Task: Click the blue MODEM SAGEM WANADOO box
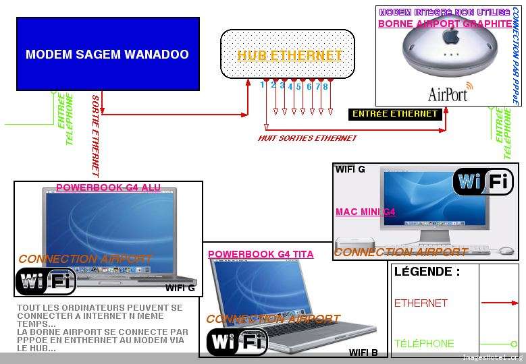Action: click(x=107, y=54)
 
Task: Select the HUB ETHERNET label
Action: click(x=289, y=56)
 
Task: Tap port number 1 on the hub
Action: click(x=263, y=85)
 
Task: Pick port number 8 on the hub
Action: click(x=325, y=86)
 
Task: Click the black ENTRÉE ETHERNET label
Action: click(x=395, y=114)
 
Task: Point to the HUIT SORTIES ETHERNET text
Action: click(x=307, y=138)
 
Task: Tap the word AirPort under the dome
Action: click(x=448, y=94)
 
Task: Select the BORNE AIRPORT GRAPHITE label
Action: click(x=444, y=24)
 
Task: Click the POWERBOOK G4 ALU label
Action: click(x=108, y=187)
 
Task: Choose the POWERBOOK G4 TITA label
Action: click(x=261, y=254)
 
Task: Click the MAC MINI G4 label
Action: click(x=365, y=212)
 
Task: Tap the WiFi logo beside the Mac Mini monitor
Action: click(x=483, y=182)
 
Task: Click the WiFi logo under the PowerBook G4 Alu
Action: click(x=45, y=281)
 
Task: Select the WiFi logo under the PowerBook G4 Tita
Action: click(x=237, y=342)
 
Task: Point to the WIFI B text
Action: click(x=363, y=353)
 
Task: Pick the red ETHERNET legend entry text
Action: click(x=421, y=303)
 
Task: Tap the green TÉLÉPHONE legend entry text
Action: click(x=424, y=343)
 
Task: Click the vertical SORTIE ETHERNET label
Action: click(x=95, y=135)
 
